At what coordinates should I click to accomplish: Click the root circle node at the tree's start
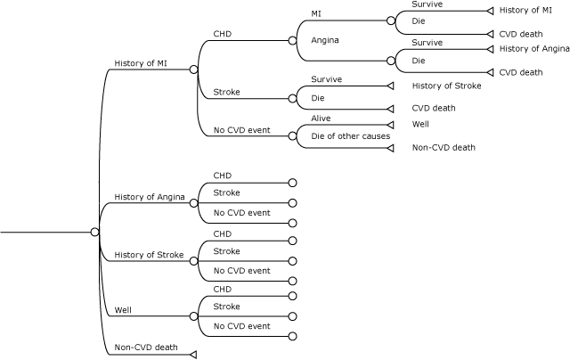[94, 232]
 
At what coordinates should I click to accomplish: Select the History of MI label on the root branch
[140, 63]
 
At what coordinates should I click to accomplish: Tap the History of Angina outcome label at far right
[534, 48]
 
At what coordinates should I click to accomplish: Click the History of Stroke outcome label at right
[446, 86]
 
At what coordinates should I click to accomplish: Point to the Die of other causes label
[350, 136]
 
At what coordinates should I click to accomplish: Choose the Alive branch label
[321, 118]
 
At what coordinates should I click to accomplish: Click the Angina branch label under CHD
[325, 40]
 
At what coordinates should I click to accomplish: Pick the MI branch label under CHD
[317, 13]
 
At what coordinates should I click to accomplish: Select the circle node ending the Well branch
[193, 316]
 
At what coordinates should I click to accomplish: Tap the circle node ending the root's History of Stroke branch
[193, 261]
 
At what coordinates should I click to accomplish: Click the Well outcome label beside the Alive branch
[420, 124]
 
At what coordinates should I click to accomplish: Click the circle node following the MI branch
[391, 20]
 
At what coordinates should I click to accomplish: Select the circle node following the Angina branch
[391, 60]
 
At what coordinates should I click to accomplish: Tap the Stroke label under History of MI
[226, 92]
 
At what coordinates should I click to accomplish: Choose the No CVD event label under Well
[241, 326]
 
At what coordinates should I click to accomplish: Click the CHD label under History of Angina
[222, 176]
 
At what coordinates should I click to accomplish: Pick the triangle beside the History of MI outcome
[489, 11]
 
